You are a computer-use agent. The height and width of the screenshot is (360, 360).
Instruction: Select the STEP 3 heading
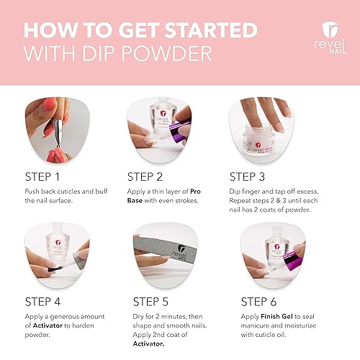(253, 176)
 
